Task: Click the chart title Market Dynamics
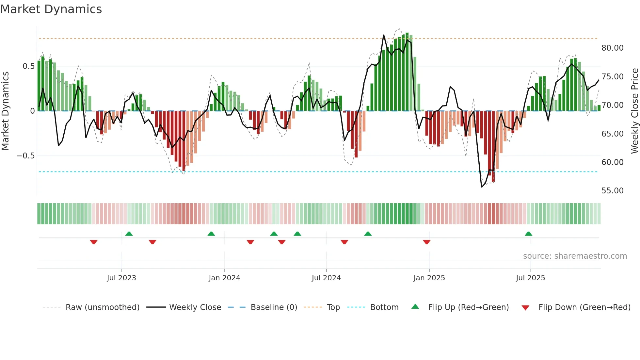click(x=51, y=9)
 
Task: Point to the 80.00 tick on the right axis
click(x=612, y=48)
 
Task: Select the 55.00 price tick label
click(x=612, y=191)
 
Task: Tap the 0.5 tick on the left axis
click(x=28, y=66)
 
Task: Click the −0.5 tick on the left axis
click(x=26, y=156)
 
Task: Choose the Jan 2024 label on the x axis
click(x=224, y=278)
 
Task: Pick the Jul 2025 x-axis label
click(x=530, y=278)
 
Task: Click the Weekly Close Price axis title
click(x=634, y=111)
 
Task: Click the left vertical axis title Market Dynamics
click(x=5, y=111)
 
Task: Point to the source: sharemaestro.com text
click(x=575, y=256)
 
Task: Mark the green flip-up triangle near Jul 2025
click(x=528, y=234)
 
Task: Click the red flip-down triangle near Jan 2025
click(x=426, y=242)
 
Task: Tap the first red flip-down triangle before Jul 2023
click(x=94, y=242)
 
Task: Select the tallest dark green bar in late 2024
click(x=407, y=72)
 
